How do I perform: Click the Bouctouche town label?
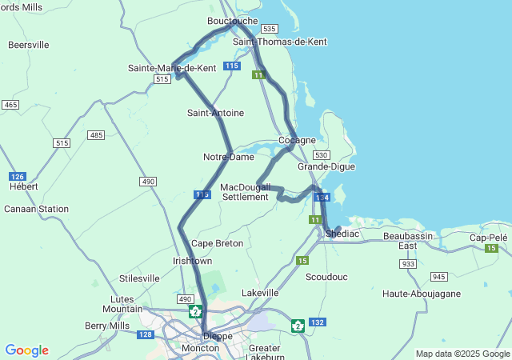(x=232, y=20)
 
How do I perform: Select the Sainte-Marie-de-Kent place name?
(x=172, y=68)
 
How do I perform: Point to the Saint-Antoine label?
(x=215, y=113)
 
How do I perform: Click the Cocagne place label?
(x=297, y=140)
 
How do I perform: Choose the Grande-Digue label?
(x=326, y=166)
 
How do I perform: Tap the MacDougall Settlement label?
(x=245, y=191)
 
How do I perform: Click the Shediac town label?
(x=343, y=233)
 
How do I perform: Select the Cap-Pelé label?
(x=488, y=238)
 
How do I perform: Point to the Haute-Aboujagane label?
(x=422, y=294)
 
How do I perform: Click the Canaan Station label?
(x=36, y=209)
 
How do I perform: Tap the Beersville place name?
(x=29, y=45)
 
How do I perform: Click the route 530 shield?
(x=322, y=154)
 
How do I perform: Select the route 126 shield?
(x=17, y=176)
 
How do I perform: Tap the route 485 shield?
(x=97, y=135)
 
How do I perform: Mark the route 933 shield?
(x=408, y=263)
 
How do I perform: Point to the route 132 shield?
(x=318, y=322)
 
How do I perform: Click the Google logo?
(x=26, y=350)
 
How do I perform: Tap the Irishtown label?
(x=193, y=261)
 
